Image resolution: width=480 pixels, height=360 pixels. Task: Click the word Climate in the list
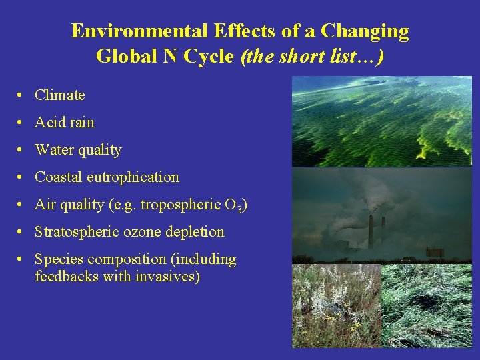[x=60, y=95]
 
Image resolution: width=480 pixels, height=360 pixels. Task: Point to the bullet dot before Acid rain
[x=22, y=123]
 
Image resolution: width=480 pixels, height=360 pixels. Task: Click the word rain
[x=81, y=123]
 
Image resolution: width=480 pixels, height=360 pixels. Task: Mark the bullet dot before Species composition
[x=22, y=259]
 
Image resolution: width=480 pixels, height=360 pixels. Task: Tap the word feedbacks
[x=67, y=276]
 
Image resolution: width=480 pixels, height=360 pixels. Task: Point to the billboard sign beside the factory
[x=435, y=252]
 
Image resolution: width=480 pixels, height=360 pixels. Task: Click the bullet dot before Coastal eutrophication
[x=22, y=177]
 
